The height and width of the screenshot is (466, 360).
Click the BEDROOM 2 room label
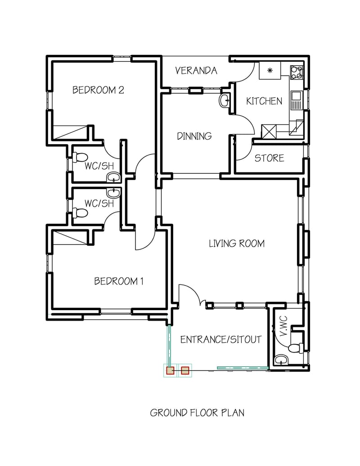click(x=98, y=90)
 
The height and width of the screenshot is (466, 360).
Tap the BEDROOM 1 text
click(x=118, y=281)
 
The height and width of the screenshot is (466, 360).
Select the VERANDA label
click(x=196, y=71)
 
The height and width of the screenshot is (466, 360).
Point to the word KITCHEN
click(x=264, y=101)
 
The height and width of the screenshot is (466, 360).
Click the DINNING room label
click(x=194, y=136)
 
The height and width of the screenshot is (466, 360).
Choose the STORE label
click(x=269, y=158)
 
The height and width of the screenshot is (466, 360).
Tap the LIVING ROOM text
click(x=236, y=244)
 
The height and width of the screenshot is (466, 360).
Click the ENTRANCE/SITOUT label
click(x=220, y=339)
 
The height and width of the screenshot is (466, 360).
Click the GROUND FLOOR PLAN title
click(x=197, y=412)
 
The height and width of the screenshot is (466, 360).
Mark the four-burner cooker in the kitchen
click(x=297, y=72)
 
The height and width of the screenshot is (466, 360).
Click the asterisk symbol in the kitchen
click(x=270, y=70)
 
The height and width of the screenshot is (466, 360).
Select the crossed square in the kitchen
click(x=269, y=131)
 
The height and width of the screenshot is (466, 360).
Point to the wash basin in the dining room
click(x=224, y=101)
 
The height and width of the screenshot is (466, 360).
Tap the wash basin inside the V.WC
click(x=281, y=360)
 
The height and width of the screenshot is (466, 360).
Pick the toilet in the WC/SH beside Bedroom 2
click(x=80, y=158)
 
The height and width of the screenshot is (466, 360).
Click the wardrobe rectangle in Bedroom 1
click(x=70, y=237)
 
